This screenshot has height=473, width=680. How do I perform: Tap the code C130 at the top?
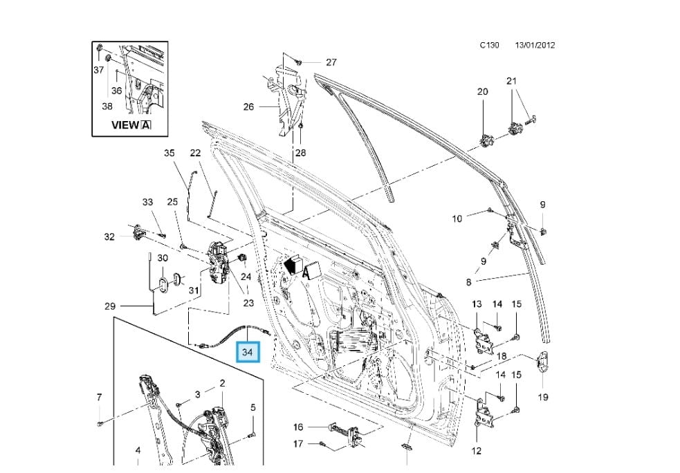[x=490, y=46]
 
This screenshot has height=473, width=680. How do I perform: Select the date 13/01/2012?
[x=535, y=46]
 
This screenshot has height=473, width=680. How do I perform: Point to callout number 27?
[x=331, y=62]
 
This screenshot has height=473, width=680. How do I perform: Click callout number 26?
[x=249, y=106]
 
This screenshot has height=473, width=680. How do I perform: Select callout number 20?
[x=483, y=91]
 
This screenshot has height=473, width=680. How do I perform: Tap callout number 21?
[x=511, y=81]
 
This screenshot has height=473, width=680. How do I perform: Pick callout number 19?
[x=543, y=397]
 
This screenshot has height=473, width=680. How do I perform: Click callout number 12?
[x=476, y=452]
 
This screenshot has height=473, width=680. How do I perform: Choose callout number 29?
[x=109, y=306]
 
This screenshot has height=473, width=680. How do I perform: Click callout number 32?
[x=109, y=236]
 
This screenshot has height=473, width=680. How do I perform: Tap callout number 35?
[x=169, y=154]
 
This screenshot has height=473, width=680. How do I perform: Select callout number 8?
[x=468, y=282]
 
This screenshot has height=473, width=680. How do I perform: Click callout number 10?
[x=457, y=219]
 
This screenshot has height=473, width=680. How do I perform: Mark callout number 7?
[x=99, y=397]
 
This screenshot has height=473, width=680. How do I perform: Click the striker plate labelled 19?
[x=544, y=362]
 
